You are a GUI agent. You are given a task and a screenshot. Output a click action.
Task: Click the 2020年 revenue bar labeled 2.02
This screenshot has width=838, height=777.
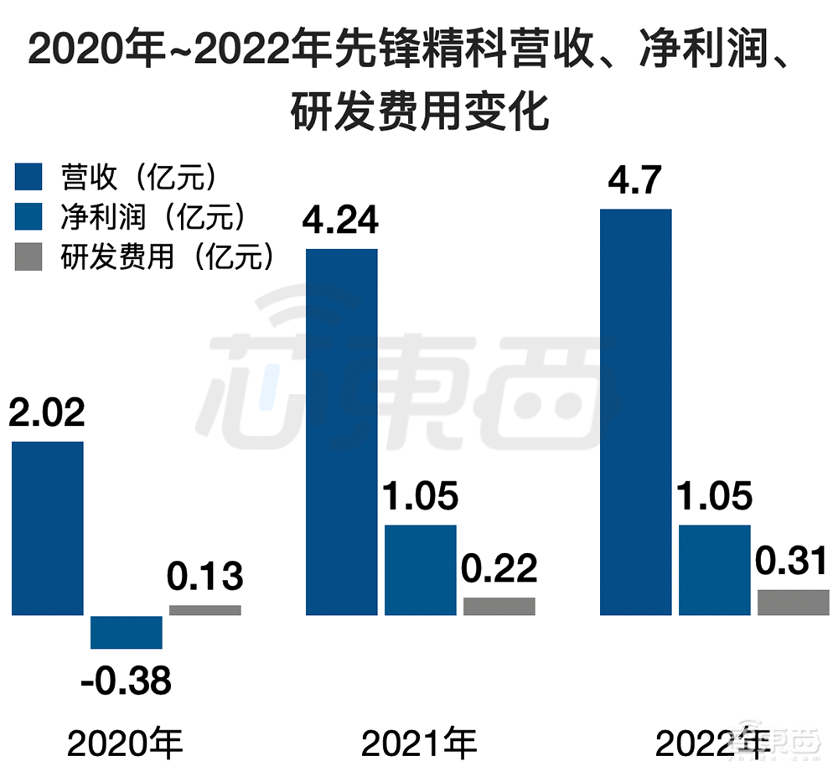click(48, 528)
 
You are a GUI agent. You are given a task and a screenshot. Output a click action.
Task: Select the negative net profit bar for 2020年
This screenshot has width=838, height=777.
click(126, 632)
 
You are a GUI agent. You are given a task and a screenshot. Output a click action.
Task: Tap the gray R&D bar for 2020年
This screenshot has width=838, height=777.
click(204, 610)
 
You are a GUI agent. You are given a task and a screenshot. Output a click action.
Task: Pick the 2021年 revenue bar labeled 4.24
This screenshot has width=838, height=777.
click(341, 432)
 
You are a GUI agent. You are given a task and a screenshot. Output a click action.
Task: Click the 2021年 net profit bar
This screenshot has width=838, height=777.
click(420, 570)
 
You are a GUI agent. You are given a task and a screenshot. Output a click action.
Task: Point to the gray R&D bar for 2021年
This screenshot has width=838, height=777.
click(499, 606)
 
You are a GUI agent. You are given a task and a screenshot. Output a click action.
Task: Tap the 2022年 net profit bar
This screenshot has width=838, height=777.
click(715, 570)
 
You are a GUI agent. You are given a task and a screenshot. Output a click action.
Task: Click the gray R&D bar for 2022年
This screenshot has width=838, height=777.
click(793, 603)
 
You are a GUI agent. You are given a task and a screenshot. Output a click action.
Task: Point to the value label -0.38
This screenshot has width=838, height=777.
click(126, 681)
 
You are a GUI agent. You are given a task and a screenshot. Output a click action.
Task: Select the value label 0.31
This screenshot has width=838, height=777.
click(793, 562)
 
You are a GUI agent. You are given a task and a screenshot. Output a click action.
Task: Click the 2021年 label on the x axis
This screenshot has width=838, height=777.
click(419, 743)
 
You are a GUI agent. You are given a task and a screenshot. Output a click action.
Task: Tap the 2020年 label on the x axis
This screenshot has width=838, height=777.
click(125, 743)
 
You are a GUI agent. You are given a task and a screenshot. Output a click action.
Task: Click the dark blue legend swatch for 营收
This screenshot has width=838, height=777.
click(28, 178)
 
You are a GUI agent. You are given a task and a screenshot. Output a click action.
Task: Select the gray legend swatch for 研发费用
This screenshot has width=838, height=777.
click(28, 256)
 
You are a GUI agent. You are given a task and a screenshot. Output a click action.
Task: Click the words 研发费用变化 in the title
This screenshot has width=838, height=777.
click(419, 111)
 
